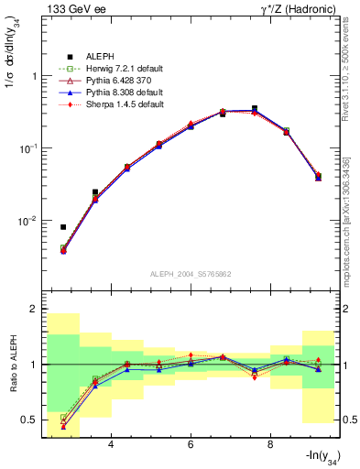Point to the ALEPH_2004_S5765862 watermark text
[190, 274]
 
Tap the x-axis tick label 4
[111, 446]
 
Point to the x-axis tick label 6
[191, 446]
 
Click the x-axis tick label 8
[270, 446]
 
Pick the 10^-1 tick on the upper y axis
[27, 148]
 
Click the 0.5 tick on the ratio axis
[29, 420]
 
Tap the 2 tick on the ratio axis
[34, 309]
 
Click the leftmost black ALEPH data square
[63, 227]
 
